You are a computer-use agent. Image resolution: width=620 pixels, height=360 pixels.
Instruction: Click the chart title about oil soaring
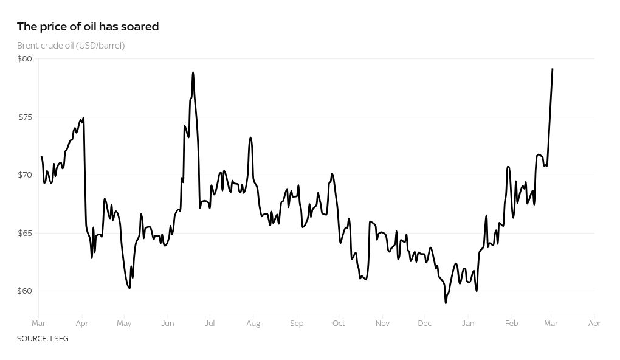88,26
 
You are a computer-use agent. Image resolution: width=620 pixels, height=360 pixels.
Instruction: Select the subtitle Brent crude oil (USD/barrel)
71,46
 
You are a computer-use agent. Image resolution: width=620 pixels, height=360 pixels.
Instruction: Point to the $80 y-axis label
24,59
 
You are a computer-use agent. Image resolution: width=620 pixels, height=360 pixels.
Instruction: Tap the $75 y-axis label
24,117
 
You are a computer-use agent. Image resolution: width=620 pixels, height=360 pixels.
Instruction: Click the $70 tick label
24,175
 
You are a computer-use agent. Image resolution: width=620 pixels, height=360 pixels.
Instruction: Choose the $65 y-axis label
24,233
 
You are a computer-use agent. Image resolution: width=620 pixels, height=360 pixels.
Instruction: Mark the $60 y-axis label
24,291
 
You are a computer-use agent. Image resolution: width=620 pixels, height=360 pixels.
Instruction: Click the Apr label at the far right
594,324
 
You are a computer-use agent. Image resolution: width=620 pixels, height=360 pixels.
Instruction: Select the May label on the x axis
124,324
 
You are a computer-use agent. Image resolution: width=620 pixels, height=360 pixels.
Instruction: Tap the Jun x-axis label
167,324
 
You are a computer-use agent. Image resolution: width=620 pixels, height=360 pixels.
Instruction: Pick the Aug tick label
253,324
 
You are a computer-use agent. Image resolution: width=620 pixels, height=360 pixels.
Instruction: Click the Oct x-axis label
339,324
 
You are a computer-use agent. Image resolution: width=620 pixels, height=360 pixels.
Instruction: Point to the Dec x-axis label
424,324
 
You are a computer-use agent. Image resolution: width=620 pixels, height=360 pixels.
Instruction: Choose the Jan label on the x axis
468,324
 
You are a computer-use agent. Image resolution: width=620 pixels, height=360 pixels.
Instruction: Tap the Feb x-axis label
512,324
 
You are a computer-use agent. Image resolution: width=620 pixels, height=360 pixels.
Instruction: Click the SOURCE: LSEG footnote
43,339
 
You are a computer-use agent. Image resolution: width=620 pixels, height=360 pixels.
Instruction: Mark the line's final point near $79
552,69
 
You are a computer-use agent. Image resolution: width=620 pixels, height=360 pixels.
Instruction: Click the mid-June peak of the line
193,72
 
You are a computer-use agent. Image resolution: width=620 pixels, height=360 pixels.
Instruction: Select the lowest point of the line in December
446,303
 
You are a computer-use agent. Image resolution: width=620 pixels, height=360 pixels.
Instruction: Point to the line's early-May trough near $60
129,288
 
